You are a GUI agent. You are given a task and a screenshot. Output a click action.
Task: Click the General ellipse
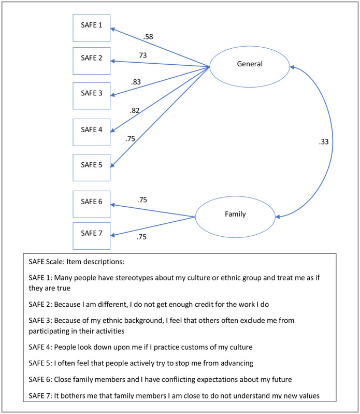point(250,64)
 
